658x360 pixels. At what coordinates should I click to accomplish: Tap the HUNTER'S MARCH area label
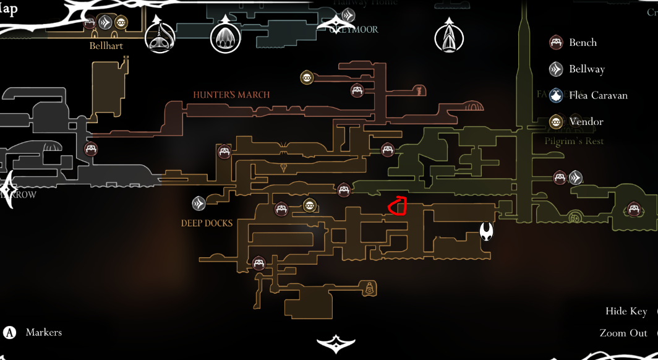click(231, 95)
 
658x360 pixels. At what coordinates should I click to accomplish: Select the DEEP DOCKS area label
click(207, 223)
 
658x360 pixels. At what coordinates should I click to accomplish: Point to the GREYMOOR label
click(354, 29)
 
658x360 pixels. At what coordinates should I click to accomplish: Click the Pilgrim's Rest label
click(574, 141)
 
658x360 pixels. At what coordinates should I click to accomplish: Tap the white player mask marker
click(487, 232)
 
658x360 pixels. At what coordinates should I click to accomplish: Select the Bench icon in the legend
click(557, 43)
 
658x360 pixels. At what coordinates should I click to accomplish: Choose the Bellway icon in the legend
click(557, 69)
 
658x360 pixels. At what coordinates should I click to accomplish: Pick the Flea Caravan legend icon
click(557, 95)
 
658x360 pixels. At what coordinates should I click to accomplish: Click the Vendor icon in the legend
click(557, 122)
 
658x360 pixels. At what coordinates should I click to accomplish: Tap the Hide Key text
click(626, 311)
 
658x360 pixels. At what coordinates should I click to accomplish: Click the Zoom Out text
click(623, 333)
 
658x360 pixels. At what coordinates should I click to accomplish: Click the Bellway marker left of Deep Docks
click(199, 203)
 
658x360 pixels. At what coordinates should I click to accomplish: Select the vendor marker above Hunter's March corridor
click(307, 77)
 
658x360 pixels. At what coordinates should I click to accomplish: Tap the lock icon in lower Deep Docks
click(369, 288)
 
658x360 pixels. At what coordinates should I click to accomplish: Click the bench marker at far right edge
click(633, 209)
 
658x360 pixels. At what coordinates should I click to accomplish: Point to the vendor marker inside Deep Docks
click(309, 205)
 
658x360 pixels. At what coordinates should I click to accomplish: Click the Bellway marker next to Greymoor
click(348, 15)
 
